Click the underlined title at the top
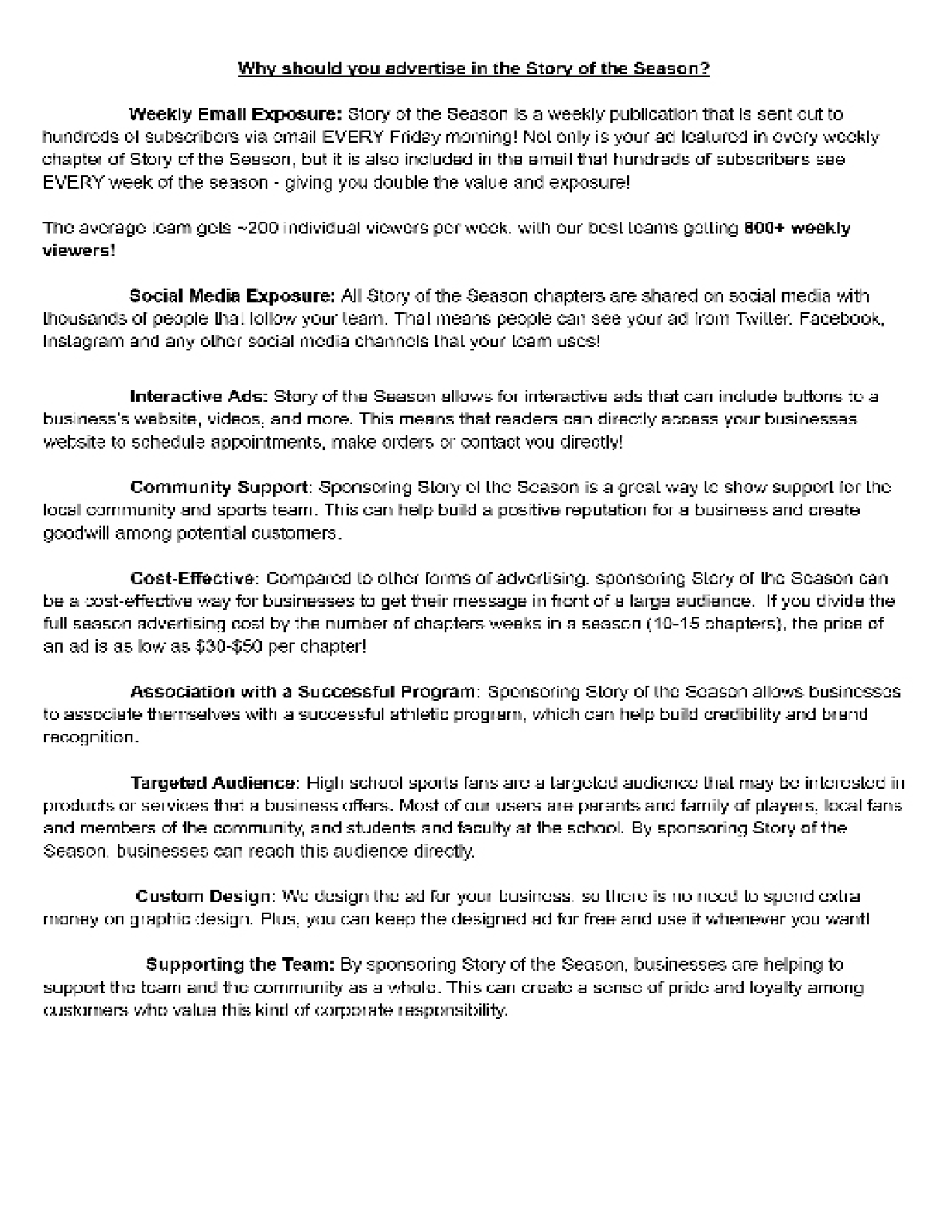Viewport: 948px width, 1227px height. point(473,68)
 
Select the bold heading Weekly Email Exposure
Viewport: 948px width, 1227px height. point(235,115)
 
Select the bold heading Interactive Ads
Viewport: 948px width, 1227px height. point(199,397)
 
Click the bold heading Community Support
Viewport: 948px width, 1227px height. point(219,488)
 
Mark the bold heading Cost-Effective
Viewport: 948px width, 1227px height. point(192,579)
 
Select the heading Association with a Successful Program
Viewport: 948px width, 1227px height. point(303,692)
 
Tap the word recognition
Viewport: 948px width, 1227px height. point(90,737)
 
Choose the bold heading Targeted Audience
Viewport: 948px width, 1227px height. point(213,783)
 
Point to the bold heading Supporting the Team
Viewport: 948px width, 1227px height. point(240,965)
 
